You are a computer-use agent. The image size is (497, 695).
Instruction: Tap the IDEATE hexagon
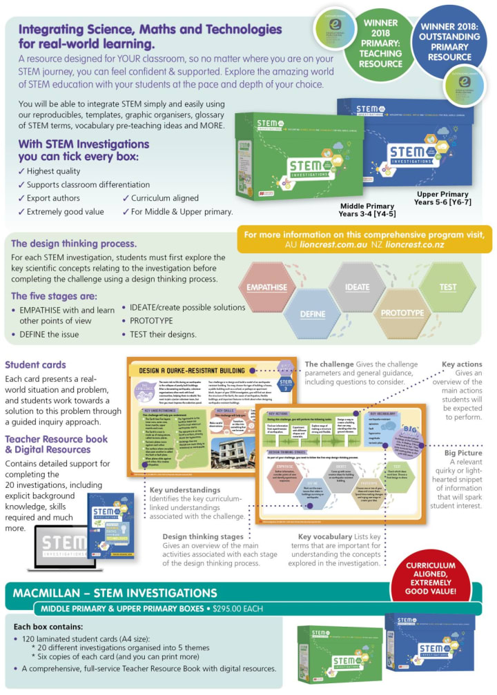[x=358, y=286]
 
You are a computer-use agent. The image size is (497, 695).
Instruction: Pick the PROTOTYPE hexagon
[x=402, y=313]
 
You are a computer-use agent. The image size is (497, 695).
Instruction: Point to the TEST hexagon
[x=447, y=286]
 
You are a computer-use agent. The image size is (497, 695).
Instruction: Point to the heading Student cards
[x=36, y=364]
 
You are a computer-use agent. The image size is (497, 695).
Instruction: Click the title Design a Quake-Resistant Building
[x=193, y=371]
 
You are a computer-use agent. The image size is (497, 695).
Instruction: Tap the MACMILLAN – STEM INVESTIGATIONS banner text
[x=115, y=592]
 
